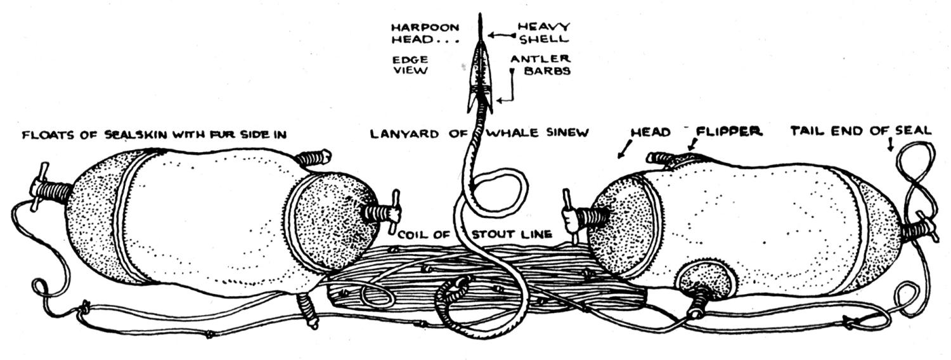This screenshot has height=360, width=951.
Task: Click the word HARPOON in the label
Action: click(425, 28)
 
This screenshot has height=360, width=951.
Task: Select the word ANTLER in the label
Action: click(540, 59)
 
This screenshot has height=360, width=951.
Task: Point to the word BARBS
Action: click(547, 70)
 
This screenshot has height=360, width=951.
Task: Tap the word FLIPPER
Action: click(728, 132)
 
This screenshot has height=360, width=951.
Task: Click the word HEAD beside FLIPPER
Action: click(650, 132)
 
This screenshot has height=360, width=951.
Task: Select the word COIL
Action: click(413, 235)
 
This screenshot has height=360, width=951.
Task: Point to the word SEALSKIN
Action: click(131, 135)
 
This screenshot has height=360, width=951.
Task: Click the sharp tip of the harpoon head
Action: click(480, 14)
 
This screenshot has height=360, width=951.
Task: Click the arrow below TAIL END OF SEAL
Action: click(891, 145)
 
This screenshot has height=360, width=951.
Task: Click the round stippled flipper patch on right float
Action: click(705, 281)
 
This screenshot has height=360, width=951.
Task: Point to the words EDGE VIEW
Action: click(410, 65)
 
